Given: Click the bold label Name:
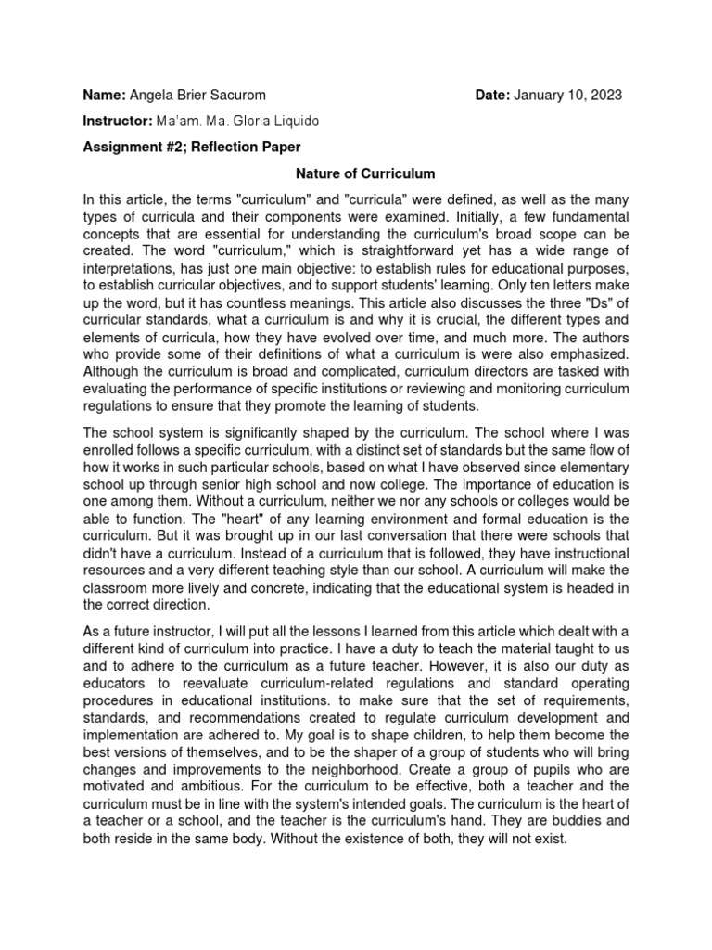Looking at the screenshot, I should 104,96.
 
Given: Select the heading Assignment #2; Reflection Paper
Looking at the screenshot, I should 192,148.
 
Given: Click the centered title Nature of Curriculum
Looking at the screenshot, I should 352,173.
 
